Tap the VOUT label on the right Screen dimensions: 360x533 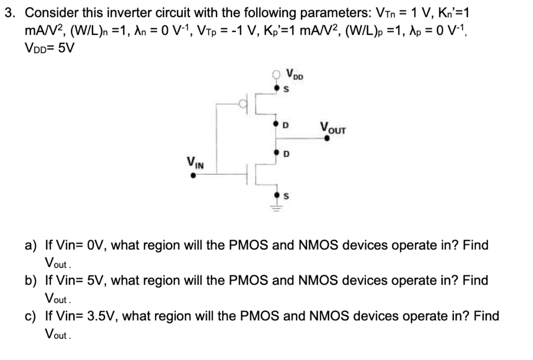click(x=333, y=126)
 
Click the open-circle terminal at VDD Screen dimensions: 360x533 click(x=277, y=76)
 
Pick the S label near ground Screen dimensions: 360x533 click(x=285, y=196)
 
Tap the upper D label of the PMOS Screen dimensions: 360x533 click(x=285, y=125)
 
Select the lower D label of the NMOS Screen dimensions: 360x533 click(x=285, y=154)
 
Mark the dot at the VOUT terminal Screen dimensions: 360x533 click(x=327, y=138)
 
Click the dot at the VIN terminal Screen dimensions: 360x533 click(x=193, y=176)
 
